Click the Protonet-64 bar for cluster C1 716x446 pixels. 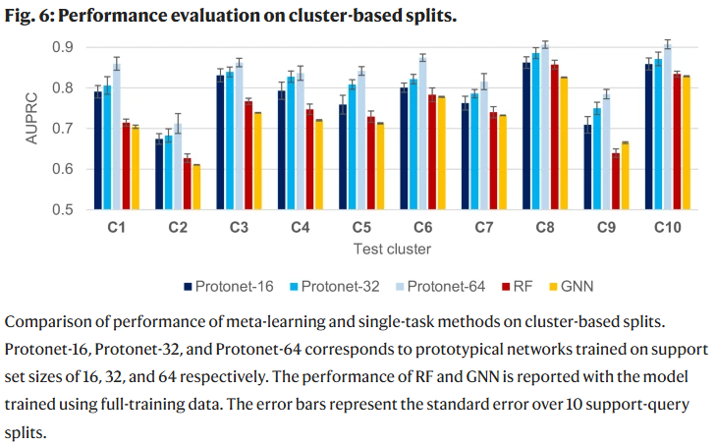coord(117,137)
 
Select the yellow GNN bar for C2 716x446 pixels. coord(196,188)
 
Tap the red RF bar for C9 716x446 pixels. coord(616,181)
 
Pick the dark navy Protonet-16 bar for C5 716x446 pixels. coord(343,157)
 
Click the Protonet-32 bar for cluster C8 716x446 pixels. coord(535,132)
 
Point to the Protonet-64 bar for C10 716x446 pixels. coord(668,127)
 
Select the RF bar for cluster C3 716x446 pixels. coord(248,155)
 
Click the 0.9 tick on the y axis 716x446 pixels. coord(63,47)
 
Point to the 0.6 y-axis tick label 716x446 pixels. coord(63,169)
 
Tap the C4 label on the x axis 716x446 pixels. coord(300,227)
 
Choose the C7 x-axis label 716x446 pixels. coord(484,227)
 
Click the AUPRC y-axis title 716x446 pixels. coord(31,118)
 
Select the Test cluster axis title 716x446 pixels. coord(392,250)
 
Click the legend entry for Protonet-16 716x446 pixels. coord(228,286)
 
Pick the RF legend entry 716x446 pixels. coord(517,286)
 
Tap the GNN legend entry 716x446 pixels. coord(572,286)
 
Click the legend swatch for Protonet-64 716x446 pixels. coord(400,287)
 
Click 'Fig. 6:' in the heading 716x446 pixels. coord(28,16)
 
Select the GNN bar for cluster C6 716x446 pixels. coord(442,153)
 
